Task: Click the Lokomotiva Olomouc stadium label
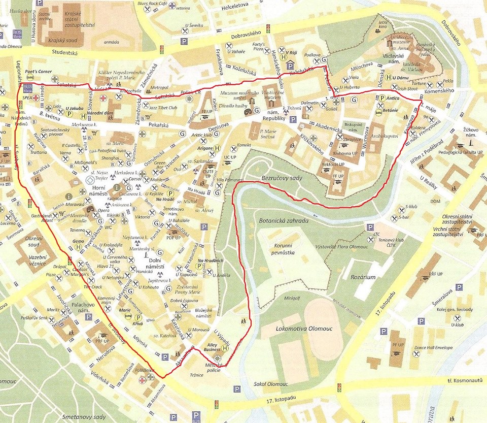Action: coord(297,329)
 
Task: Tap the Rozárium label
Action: coord(363,277)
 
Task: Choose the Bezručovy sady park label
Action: coord(282,179)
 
